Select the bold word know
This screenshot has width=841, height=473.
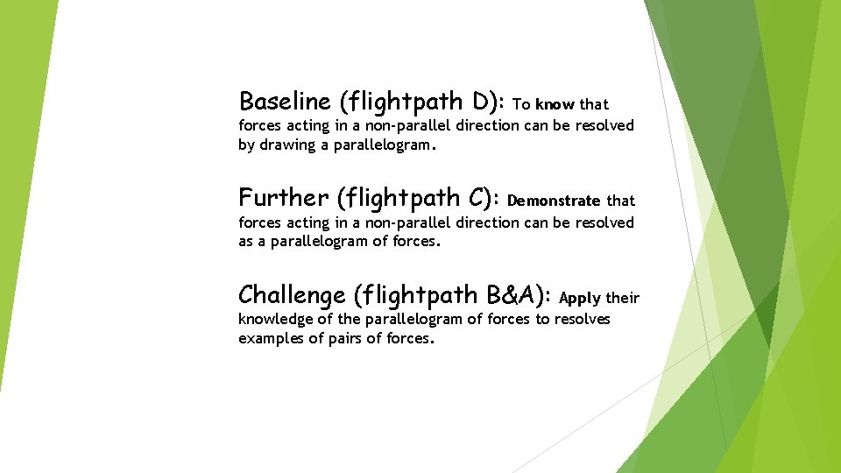point(555,104)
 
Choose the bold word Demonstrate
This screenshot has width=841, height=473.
point(554,201)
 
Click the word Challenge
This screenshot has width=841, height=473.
point(293,294)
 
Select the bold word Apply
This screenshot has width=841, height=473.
point(580,298)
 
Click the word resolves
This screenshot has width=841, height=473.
point(582,319)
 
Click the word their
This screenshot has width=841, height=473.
point(622,298)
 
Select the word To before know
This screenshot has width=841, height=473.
point(521,104)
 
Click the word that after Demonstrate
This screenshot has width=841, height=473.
point(620,201)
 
